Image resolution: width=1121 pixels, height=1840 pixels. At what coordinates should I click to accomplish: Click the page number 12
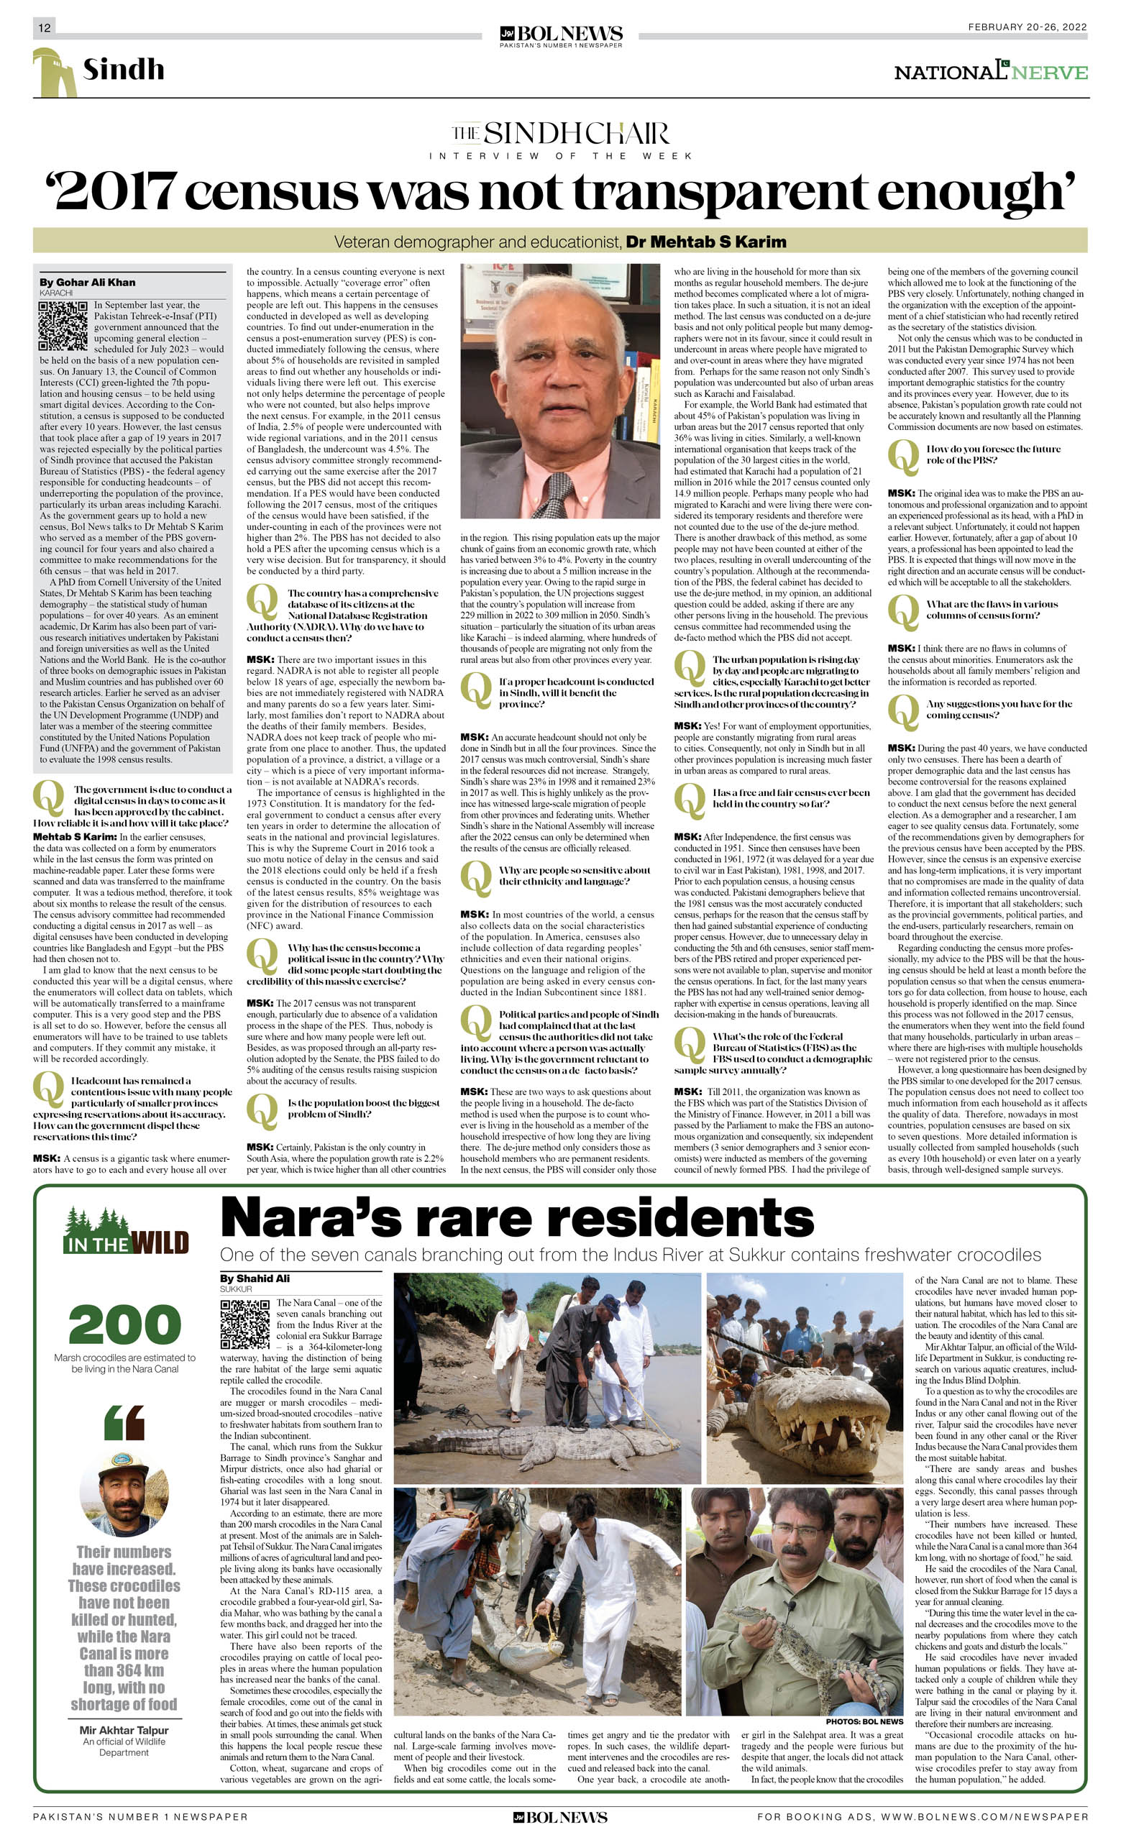click(x=44, y=27)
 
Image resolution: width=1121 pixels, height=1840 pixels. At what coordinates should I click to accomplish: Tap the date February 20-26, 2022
click(x=1027, y=27)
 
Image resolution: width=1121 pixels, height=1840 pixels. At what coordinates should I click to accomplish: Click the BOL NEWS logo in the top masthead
click(x=561, y=35)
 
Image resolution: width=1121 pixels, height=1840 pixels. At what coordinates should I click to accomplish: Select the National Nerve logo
click(x=990, y=72)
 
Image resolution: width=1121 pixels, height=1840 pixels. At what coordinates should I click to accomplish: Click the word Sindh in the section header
click(x=123, y=70)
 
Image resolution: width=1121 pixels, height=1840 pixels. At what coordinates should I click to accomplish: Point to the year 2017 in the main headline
click(x=116, y=192)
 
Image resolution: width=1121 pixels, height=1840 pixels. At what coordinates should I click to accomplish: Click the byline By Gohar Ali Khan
click(x=88, y=283)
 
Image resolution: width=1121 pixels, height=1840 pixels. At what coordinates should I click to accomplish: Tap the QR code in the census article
click(x=63, y=326)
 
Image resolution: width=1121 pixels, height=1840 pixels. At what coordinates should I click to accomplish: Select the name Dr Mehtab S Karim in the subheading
click(x=706, y=242)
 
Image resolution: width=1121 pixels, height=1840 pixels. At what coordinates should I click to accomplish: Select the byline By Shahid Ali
click(x=254, y=1278)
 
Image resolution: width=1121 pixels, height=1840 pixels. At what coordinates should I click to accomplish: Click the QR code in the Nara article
click(x=244, y=1324)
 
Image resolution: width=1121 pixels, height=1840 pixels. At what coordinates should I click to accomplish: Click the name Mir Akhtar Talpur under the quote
click(x=124, y=1730)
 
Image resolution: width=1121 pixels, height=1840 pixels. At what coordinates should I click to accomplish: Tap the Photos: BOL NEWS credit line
click(x=864, y=1721)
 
